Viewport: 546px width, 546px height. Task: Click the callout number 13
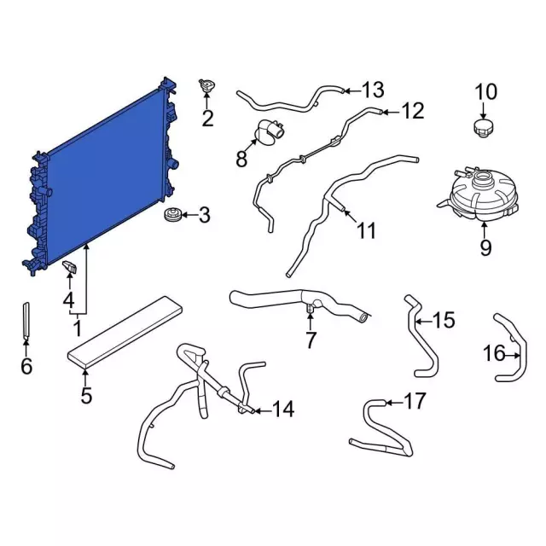click(x=373, y=90)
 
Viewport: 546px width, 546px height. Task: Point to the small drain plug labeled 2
click(x=206, y=85)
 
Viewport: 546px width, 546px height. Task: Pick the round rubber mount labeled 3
click(x=172, y=214)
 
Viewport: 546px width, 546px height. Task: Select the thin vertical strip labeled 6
click(x=26, y=321)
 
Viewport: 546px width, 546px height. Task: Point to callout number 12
click(x=413, y=111)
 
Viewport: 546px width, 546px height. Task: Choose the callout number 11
click(x=367, y=230)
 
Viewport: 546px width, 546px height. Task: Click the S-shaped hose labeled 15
click(x=421, y=336)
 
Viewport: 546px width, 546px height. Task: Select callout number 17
click(x=415, y=401)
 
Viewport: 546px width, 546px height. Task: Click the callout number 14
click(x=283, y=409)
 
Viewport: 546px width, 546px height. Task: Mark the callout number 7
click(x=311, y=340)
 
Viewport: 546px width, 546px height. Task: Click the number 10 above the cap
click(x=486, y=92)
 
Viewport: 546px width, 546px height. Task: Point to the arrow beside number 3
click(x=189, y=215)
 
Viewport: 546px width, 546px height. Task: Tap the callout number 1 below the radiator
click(x=78, y=328)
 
